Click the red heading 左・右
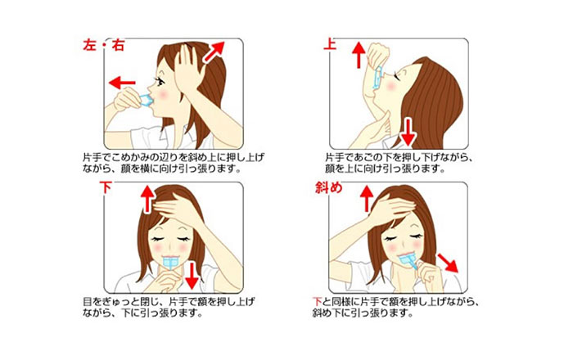pos(104,45)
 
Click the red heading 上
pos(330,44)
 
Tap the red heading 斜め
pos(329,187)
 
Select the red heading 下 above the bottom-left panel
pos(106,187)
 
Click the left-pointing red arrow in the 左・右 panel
pos(122,83)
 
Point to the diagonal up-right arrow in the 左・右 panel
pos(214,52)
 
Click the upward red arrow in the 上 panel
pos(359,55)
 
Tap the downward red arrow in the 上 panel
pos(408,132)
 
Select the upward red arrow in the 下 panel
pos(147,199)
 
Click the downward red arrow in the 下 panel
pos(192,276)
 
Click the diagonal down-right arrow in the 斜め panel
pos(448,263)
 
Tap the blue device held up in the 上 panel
pos(377,78)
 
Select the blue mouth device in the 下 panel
pos(170,262)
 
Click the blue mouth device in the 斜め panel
pos(408,261)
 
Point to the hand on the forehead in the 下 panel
pos(179,208)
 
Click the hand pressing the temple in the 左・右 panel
pos(188,68)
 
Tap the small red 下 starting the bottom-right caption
pos(318,302)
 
